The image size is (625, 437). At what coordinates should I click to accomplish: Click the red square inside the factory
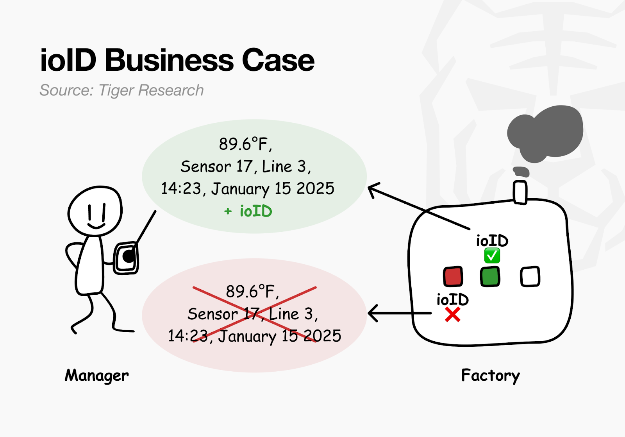point(453,276)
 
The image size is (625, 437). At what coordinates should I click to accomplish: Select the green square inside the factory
point(490,276)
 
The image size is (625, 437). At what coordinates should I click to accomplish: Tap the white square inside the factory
point(530,276)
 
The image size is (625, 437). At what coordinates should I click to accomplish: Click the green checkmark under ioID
point(492,256)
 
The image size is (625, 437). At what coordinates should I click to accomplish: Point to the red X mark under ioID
point(453,315)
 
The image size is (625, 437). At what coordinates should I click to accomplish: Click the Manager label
point(96,376)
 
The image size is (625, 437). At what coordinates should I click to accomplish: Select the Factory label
point(490,376)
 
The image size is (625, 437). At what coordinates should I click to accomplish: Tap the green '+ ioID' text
point(248,211)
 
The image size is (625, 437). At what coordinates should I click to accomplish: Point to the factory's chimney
point(520,192)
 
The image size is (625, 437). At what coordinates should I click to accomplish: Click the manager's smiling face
point(95,211)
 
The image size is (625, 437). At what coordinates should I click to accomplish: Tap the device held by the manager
point(126,258)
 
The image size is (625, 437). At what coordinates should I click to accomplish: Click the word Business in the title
point(169,61)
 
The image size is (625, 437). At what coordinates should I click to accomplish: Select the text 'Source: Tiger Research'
point(121,90)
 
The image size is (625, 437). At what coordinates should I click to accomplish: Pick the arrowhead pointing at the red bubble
point(372,313)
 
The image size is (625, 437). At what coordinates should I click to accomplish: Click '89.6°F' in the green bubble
point(245,144)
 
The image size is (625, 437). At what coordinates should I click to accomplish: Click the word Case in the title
point(278,61)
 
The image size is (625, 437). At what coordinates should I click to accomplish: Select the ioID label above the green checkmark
point(492,241)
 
